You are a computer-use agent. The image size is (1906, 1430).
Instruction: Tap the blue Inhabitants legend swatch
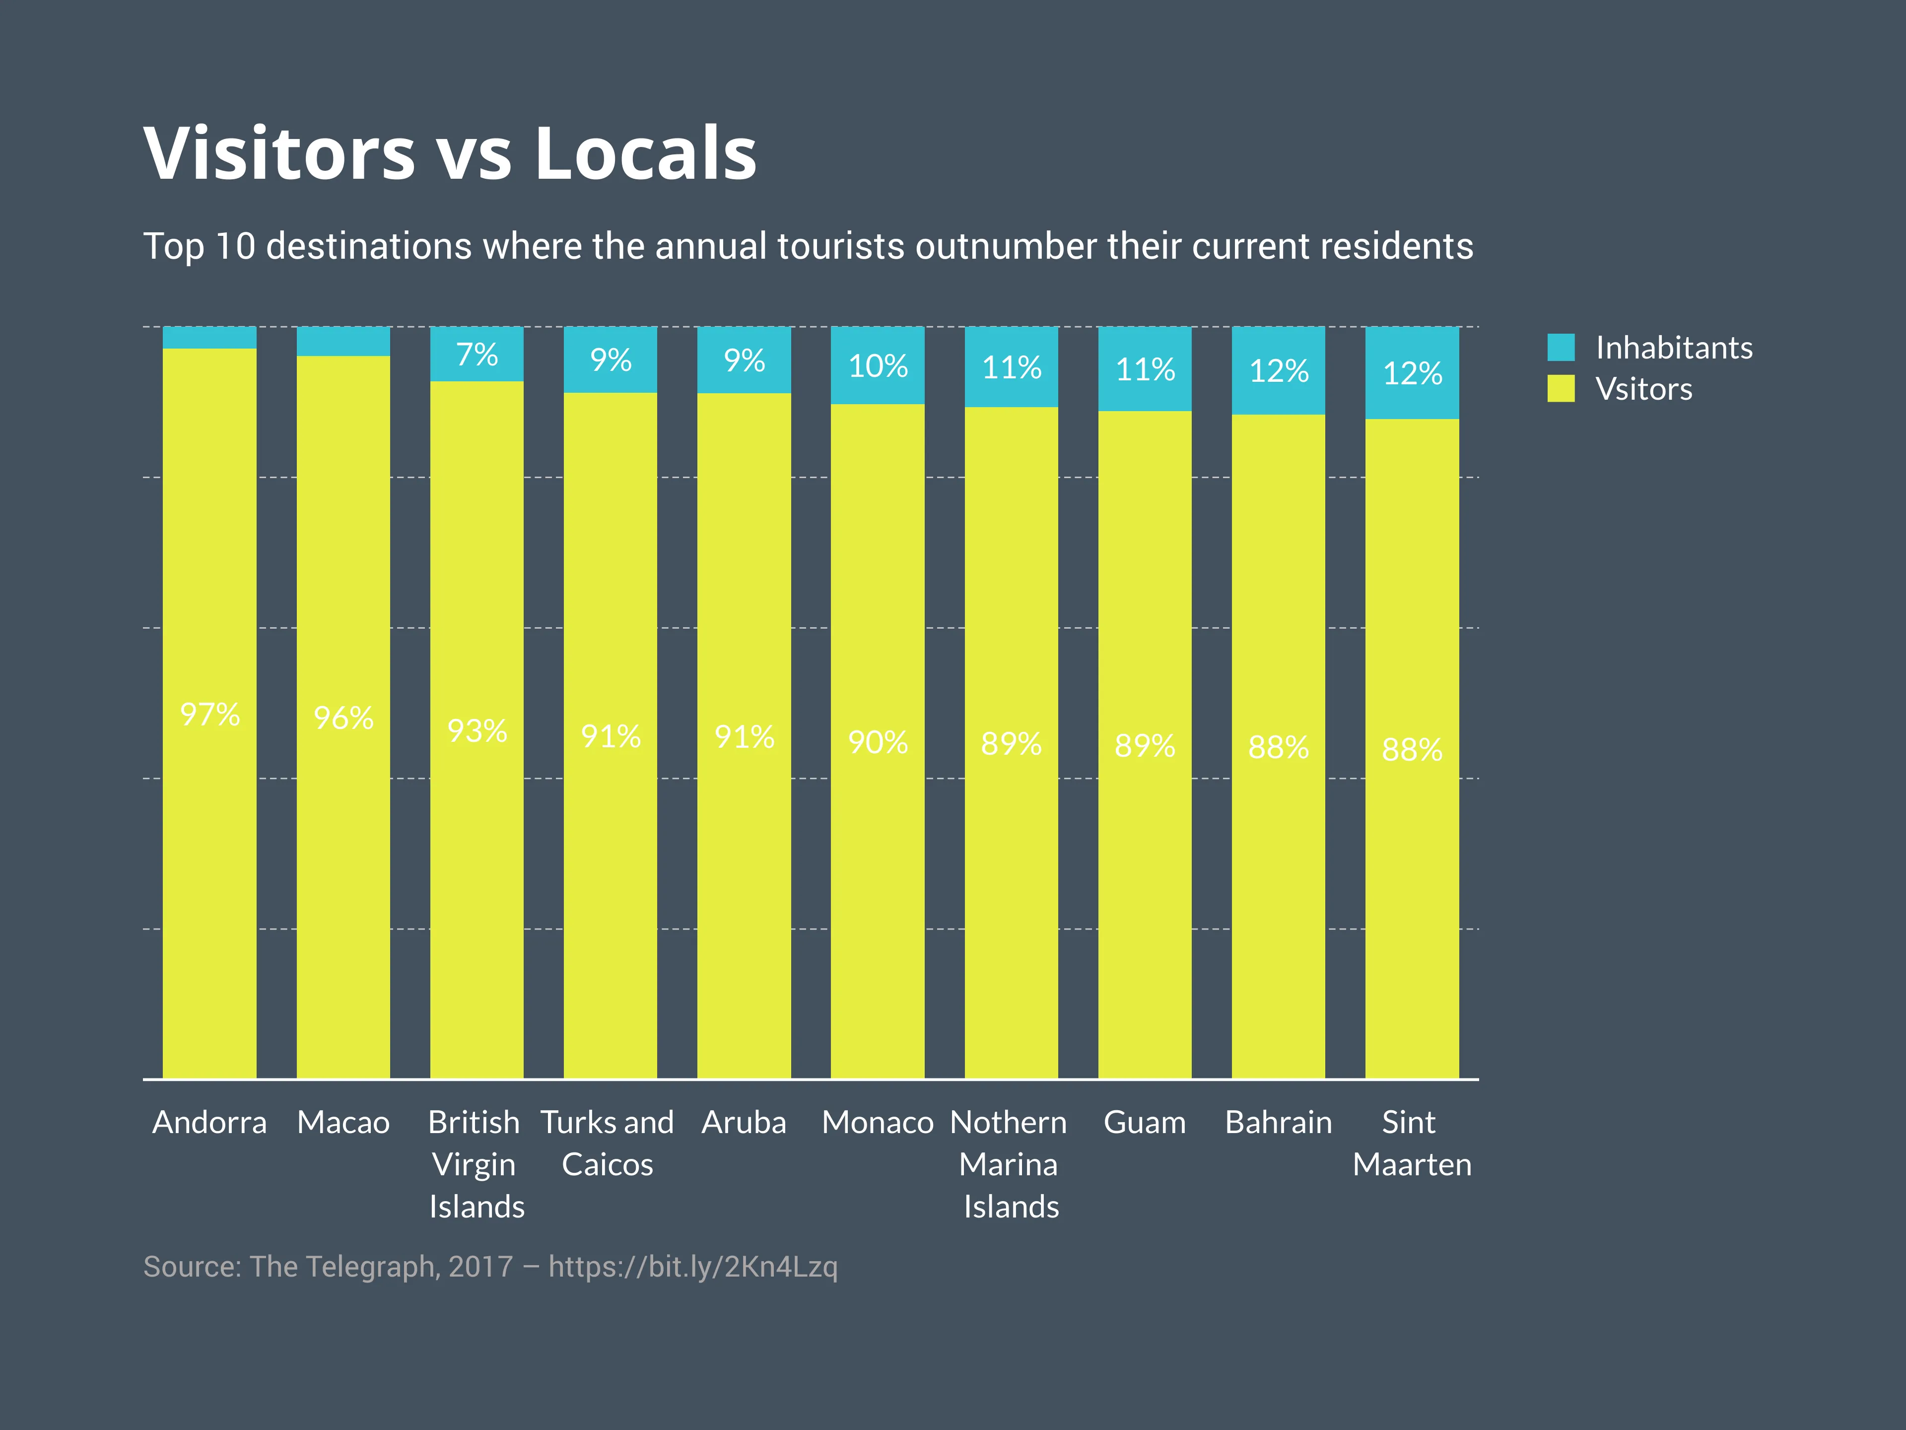(1561, 348)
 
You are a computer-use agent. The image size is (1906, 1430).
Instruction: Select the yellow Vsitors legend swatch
(1561, 389)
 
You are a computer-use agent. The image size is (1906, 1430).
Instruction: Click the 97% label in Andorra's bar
(209, 715)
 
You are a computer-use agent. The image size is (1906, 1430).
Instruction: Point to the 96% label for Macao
(343, 718)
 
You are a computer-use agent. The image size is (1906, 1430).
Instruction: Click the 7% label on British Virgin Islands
(476, 354)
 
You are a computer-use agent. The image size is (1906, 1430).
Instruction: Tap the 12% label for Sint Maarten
(1412, 373)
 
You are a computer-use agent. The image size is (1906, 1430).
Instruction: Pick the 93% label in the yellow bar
(476, 731)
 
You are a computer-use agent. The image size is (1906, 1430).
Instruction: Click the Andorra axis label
(209, 1122)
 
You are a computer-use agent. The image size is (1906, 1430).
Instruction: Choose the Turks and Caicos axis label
(608, 1143)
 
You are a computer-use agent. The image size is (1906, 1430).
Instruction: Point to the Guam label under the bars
(1144, 1122)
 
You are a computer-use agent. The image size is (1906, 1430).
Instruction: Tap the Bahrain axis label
(1278, 1122)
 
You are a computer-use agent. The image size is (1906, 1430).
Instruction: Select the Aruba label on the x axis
(744, 1122)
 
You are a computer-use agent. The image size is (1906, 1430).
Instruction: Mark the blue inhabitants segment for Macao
(343, 341)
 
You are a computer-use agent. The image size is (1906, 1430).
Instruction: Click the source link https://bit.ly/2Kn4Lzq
(693, 1266)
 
